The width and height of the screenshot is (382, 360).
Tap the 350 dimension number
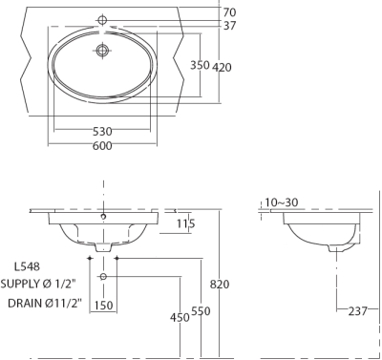pyautogui.click(x=200, y=66)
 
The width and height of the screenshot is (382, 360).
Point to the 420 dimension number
pyautogui.click(x=223, y=67)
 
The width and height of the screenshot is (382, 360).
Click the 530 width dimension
pyautogui.click(x=103, y=131)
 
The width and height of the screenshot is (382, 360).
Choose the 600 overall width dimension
pyautogui.click(x=103, y=146)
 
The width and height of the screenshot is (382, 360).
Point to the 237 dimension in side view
pyautogui.click(x=359, y=310)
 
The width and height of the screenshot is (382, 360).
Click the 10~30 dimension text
pyautogui.click(x=282, y=202)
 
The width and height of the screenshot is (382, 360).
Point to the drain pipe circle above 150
pyautogui.click(x=103, y=277)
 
